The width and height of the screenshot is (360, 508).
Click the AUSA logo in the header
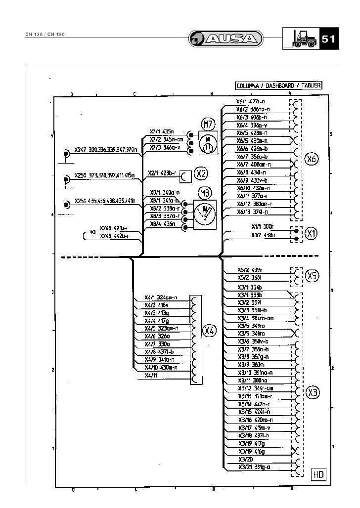click(x=226, y=39)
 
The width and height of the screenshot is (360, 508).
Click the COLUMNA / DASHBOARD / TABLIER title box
click(x=278, y=85)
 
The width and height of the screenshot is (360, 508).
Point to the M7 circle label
click(x=207, y=124)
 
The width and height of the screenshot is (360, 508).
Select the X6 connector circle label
click(x=312, y=159)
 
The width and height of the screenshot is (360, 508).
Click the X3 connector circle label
click(x=313, y=392)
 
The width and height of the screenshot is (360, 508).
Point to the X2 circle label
click(x=201, y=173)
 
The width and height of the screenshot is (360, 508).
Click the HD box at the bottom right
click(x=318, y=475)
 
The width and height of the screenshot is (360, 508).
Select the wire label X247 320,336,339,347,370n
click(x=105, y=149)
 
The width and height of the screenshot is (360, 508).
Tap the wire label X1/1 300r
click(x=262, y=226)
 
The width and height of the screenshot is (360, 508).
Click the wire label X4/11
click(x=151, y=376)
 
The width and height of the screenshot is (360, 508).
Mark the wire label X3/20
click(x=245, y=459)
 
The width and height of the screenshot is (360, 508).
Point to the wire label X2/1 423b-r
click(x=162, y=173)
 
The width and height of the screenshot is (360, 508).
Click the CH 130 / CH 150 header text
click(x=45, y=35)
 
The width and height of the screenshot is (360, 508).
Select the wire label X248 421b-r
click(x=114, y=228)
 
